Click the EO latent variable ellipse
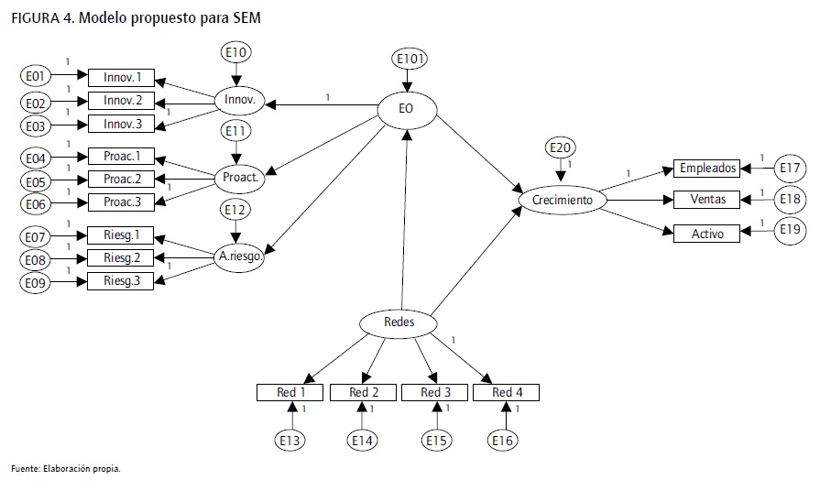point(408,108)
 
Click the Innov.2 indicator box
point(122,100)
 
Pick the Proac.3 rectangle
point(122,202)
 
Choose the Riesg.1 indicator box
point(122,236)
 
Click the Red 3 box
point(435,393)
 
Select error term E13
point(290,441)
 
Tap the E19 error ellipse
point(791,229)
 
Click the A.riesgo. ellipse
point(241,257)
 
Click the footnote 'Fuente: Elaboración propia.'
point(65,469)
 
